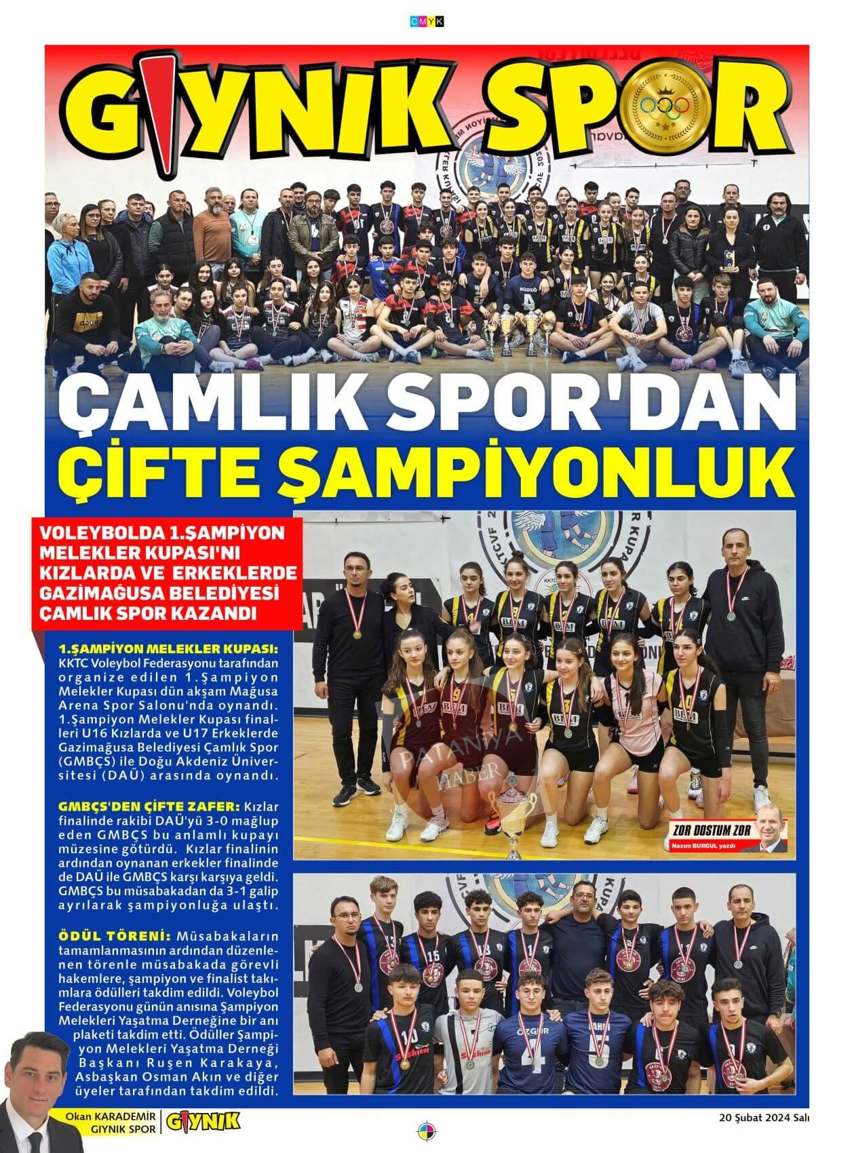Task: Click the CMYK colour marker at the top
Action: pyautogui.click(x=427, y=22)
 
